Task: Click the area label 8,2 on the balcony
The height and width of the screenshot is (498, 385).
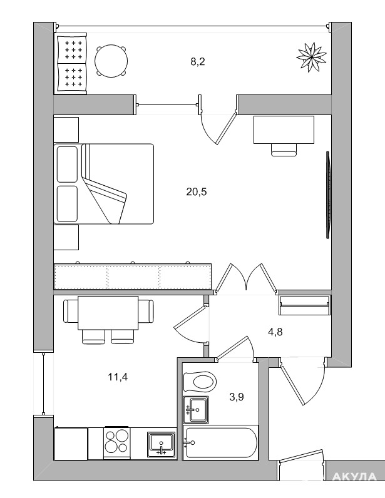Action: [198, 61]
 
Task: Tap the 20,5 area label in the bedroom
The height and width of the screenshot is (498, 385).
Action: [197, 192]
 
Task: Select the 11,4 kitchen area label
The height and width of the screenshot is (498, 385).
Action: [118, 377]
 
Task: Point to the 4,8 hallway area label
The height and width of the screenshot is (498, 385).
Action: [275, 332]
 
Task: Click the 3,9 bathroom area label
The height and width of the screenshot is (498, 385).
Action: [237, 397]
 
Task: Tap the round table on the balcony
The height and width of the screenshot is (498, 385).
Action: [111, 60]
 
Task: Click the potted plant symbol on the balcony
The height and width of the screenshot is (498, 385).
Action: [312, 57]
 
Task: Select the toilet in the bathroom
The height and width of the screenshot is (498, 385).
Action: [200, 382]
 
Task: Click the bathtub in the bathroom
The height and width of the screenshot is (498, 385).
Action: [221, 443]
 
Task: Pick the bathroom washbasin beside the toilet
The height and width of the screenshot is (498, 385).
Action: [196, 410]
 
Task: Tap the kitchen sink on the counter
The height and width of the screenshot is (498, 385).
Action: [162, 444]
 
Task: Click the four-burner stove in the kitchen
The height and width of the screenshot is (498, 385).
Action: [116, 443]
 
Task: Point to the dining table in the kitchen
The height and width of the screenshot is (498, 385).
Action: [108, 313]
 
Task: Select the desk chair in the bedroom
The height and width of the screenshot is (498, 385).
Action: [284, 150]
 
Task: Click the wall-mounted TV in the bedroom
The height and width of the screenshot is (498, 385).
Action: [328, 195]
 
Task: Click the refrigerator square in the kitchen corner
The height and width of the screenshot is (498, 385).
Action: [71, 444]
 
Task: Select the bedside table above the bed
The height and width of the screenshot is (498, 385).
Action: [66, 130]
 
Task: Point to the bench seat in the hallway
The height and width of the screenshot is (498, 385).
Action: [305, 305]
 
